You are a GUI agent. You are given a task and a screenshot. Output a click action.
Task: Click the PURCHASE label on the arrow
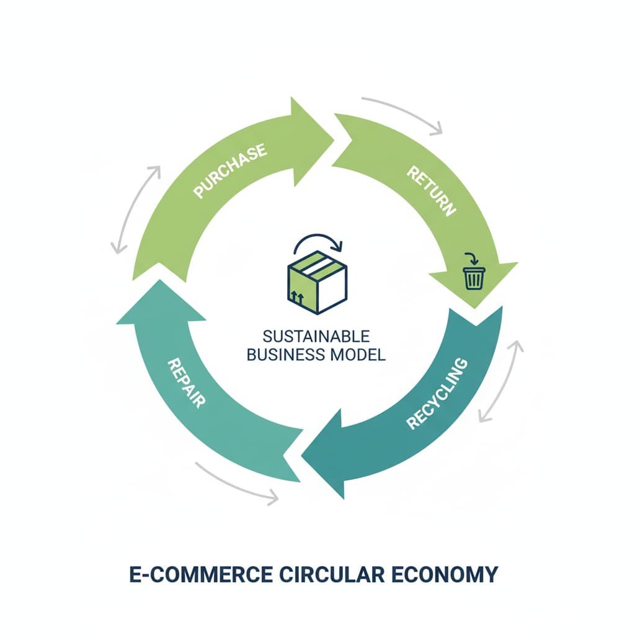230,171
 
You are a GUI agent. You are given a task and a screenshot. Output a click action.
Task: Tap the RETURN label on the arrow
431,191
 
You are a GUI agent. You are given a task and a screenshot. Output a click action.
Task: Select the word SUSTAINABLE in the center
316,337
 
